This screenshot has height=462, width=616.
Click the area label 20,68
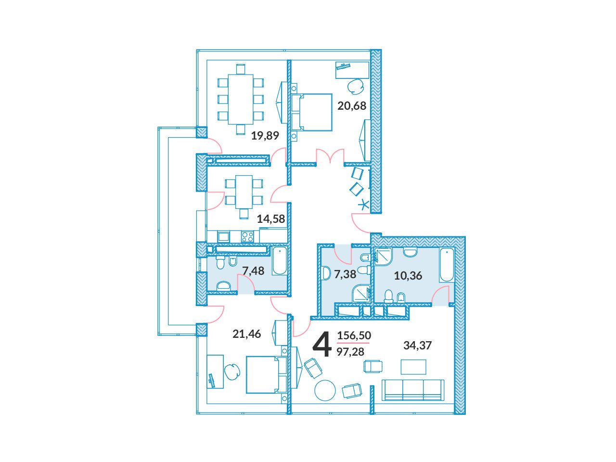click(x=352, y=106)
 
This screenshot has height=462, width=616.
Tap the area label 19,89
click(x=265, y=136)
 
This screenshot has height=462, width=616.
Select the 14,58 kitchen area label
click(x=271, y=219)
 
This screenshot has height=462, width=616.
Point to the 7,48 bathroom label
click(x=253, y=270)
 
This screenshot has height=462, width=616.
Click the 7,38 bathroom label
click(x=345, y=274)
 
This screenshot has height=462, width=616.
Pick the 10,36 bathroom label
click(x=408, y=276)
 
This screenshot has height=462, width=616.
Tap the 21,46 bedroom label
click(x=247, y=334)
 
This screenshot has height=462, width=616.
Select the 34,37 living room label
click(x=417, y=346)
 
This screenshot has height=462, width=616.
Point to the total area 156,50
click(x=354, y=335)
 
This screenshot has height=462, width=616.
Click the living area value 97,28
click(x=350, y=351)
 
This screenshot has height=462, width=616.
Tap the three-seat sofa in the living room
click(x=413, y=390)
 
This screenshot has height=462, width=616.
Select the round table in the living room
click(x=325, y=390)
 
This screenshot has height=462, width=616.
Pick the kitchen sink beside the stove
click(x=223, y=236)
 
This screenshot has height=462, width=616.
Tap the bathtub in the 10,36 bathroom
click(x=447, y=265)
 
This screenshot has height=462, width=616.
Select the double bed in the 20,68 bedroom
click(x=311, y=112)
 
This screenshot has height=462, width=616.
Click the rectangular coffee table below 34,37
click(x=413, y=367)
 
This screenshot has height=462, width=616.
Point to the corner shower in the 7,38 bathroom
click(x=361, y=294)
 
